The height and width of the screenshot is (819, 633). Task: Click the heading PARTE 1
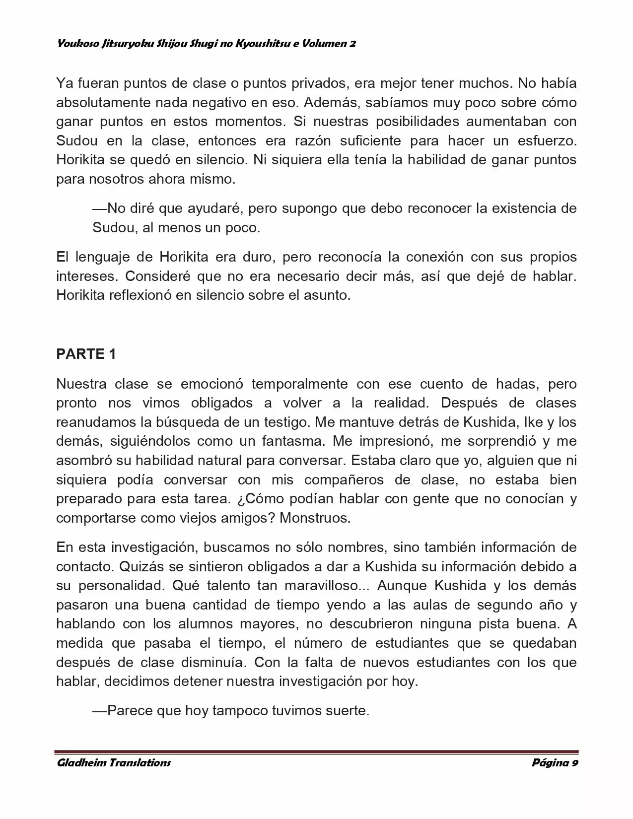click(86, 354)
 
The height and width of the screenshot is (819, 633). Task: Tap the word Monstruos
click(314, 518)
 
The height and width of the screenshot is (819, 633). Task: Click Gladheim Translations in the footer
click(114, 762)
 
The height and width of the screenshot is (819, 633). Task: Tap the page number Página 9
click(554, 762)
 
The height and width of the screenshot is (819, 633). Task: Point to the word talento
click(230, 585)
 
